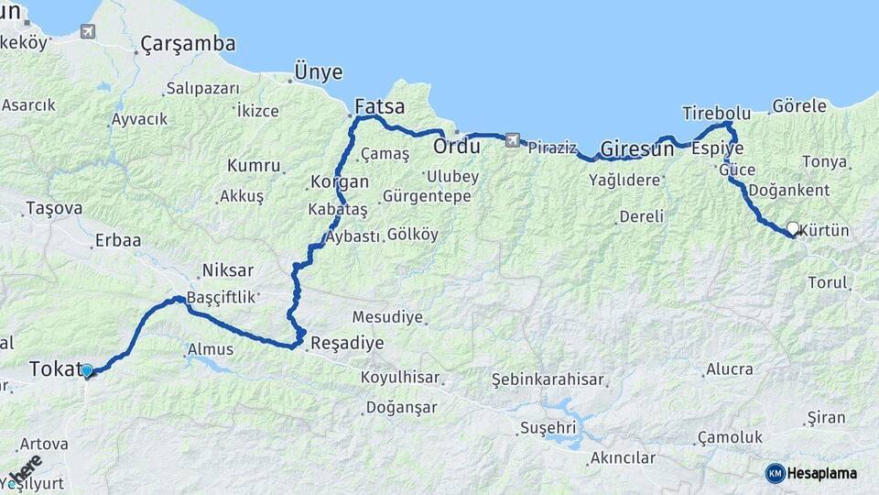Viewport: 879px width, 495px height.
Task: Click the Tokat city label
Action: (x=56, y=368)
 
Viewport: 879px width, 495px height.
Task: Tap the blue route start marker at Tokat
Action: (x=87, y=371)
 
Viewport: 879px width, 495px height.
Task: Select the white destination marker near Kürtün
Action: (x=793, y=227)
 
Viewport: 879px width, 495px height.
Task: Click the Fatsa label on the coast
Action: (x=379, y=105)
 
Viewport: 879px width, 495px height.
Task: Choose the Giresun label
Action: (x=636, y=148)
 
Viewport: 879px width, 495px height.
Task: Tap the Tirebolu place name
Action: (x=716, y=114)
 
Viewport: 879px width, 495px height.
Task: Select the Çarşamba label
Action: (x=188, y=44)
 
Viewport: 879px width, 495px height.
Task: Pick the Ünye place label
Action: (x=318, y=71)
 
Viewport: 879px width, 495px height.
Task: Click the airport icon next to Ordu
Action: (x=511, y=140)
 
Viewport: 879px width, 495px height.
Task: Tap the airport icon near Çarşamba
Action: (x=88, y=32)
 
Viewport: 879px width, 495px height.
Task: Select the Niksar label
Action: (x=226, y=270)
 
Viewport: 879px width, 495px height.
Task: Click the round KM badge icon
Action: (x=775, y=473)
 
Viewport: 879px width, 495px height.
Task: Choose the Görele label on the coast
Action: (x=799, y=106)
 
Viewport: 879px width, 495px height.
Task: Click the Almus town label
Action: (x=210, y=349)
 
